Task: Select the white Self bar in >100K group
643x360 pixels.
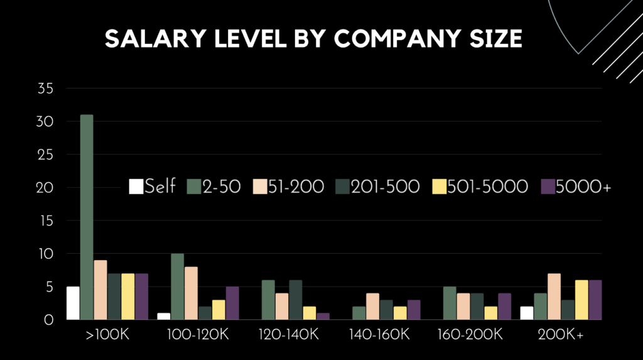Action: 73,303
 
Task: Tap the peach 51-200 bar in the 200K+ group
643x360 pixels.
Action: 554,297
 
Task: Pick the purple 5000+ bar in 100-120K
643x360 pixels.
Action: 232,303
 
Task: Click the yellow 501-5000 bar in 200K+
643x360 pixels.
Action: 582,300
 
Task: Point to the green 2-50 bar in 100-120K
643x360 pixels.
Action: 178,286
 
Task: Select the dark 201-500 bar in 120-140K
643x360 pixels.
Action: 296,300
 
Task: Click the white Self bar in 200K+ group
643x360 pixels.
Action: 527,313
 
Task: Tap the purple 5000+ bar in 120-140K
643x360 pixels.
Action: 323,316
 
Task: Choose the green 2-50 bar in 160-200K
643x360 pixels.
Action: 450,303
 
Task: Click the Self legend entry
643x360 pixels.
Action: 153,187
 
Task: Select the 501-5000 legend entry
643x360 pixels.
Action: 480,187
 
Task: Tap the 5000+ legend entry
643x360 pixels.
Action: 576,187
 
